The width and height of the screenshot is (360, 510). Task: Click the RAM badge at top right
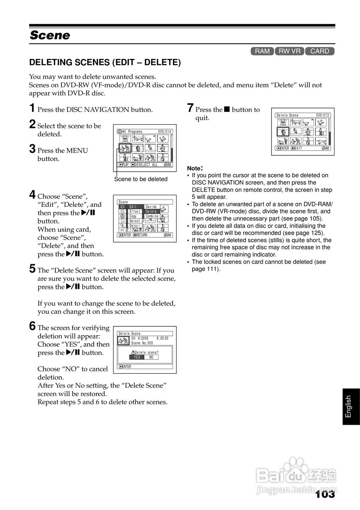262,51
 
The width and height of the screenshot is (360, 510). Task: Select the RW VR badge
289,51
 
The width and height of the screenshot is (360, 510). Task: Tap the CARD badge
319,51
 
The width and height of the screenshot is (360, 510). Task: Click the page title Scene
50,35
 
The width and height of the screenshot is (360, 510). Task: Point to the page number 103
325,494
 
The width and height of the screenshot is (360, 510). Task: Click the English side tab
349,406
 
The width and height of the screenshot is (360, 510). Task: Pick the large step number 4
32,195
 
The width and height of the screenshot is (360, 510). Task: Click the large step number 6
32,326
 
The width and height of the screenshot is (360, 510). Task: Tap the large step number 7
190,108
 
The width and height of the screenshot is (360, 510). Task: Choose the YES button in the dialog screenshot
137,357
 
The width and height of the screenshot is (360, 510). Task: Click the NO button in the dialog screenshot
151,357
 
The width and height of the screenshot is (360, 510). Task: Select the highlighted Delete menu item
151,212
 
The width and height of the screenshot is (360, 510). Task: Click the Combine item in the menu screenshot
152,216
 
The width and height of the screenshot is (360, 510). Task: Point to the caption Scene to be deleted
141,179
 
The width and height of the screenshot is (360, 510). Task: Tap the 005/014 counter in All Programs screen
164,131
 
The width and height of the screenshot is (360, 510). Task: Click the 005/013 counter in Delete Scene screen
323,115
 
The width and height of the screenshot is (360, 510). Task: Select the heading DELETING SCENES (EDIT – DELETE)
105,63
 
